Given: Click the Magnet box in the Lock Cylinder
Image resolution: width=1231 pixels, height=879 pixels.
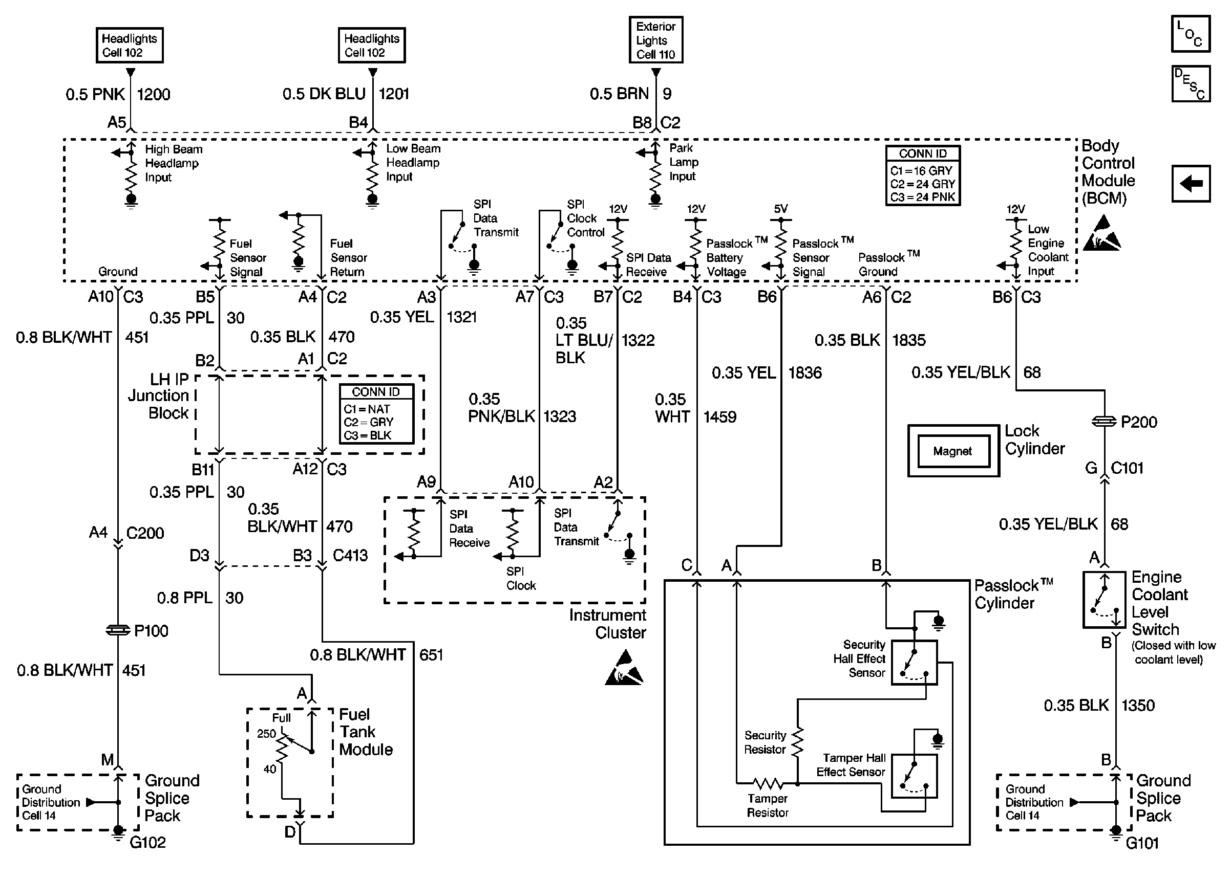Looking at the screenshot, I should coord(952,451).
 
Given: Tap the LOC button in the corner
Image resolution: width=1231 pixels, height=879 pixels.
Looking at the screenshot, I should coord(1191,34).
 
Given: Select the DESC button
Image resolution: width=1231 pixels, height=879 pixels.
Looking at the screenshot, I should coord(1191,84).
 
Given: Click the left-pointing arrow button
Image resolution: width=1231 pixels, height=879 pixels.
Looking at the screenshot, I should coord(1191,184).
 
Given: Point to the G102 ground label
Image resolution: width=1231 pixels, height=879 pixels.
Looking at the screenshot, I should coord(147,842).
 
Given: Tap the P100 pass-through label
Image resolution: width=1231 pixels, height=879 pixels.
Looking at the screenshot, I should coord(151,630).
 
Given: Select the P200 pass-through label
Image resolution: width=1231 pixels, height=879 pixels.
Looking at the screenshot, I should coord(1138,422).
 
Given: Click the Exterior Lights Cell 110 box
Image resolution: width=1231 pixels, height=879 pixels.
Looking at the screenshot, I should coord(655,40).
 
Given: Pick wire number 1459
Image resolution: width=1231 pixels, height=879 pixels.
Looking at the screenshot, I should coord(720,417).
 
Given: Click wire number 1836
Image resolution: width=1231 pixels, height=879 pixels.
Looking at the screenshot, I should coord(805,372).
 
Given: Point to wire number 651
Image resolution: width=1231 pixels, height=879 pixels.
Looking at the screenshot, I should coord(431,655).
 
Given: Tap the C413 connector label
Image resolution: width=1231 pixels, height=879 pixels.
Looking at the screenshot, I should coord(350,555).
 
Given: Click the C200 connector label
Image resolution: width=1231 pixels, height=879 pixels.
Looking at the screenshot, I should coord(144,533).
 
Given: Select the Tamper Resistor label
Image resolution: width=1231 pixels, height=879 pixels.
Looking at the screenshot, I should coord(768,805).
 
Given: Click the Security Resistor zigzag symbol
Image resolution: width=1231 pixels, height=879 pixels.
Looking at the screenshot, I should coord(797,742).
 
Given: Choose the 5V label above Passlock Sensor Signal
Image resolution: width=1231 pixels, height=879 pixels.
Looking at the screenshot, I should coord(780,209).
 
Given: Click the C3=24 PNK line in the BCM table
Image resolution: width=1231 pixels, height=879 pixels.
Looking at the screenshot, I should coord(922,197).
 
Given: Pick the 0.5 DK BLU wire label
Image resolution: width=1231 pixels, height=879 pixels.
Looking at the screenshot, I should coord(324,94).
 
